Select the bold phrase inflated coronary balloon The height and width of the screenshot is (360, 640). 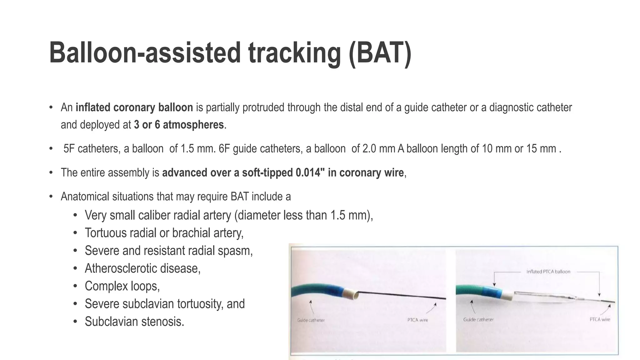point(134,107)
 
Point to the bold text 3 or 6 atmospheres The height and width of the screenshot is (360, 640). point(179,125)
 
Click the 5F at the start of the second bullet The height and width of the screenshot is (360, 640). point(69,148)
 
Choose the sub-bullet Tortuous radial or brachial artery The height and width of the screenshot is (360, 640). point(164,233)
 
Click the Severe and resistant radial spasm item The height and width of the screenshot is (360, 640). point(168,251)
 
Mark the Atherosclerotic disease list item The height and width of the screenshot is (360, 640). point(142,268)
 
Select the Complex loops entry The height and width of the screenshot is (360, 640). point(122,286)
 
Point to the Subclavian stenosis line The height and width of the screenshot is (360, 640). point(134,322)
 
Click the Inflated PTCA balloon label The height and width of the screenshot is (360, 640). point(548,272)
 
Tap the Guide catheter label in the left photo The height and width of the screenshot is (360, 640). point(311,320)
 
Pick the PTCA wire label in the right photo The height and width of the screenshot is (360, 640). point(600,319)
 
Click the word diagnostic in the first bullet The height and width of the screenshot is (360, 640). point(512,107)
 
